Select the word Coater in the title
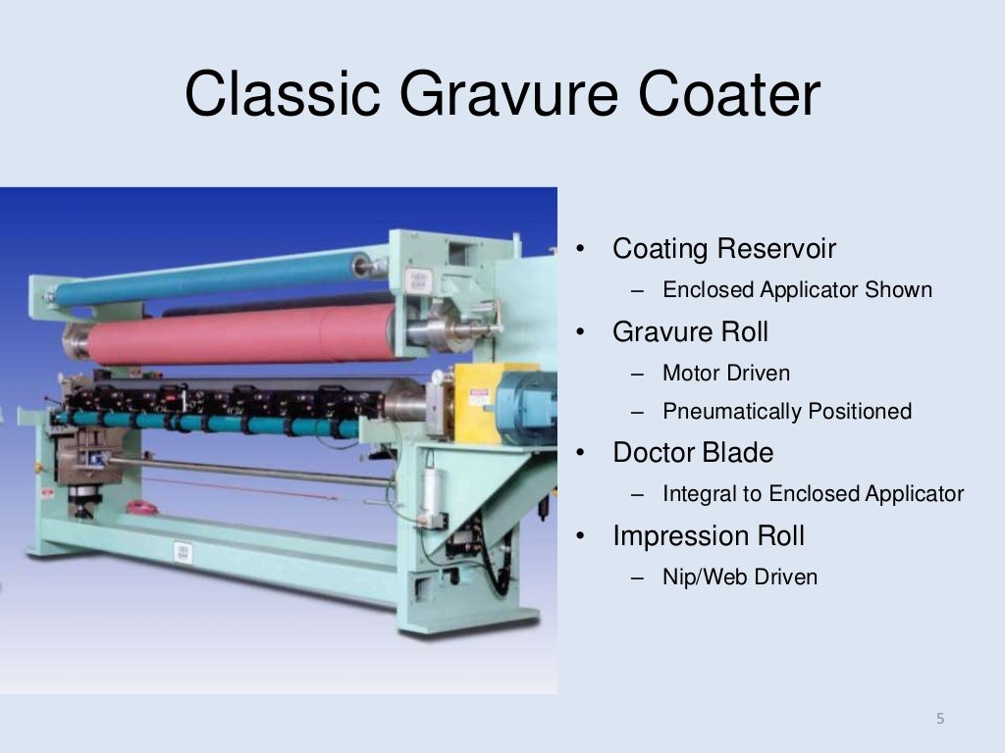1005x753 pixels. (724, 96)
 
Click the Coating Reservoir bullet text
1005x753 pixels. (724, 249)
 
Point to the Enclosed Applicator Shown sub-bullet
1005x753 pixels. (797, 290)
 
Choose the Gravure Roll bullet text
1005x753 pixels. (690, 332)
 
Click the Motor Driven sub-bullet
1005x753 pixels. (726, 374)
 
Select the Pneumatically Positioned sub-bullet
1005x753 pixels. (787, 412)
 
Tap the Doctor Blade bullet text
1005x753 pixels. (693, 453)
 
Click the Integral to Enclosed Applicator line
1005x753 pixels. (814, 494)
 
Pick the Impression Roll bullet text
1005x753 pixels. (709, 536)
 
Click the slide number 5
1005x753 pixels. (939, 720)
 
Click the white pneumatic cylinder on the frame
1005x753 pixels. (429, 496)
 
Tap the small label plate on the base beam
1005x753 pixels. (182, 551)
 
